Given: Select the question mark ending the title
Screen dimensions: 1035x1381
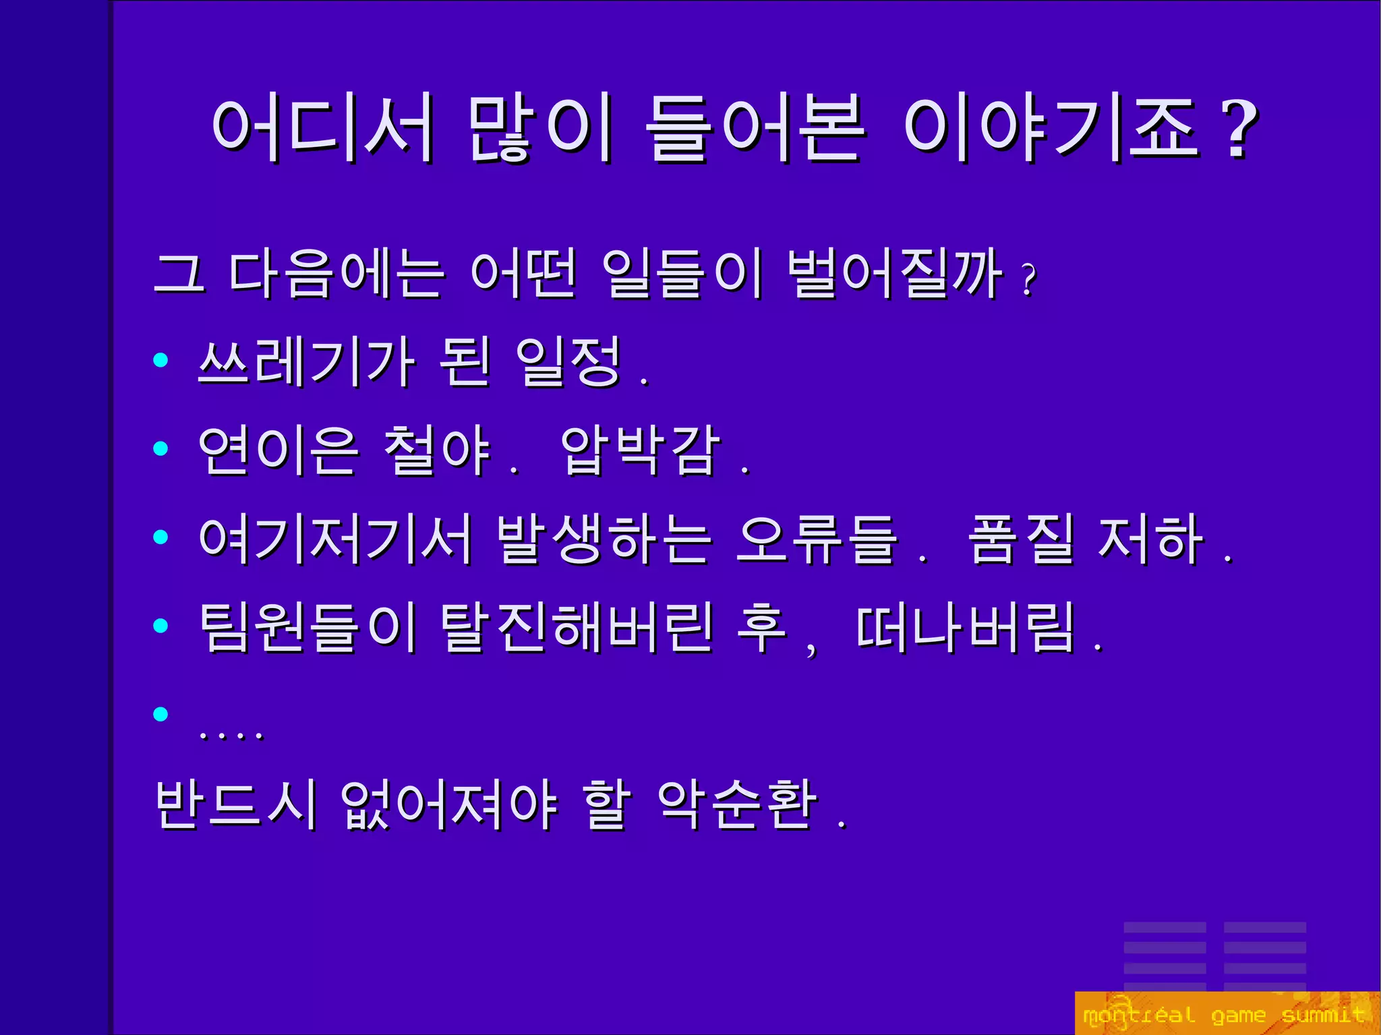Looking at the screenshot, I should pyautogui.click(x=1239, y=129).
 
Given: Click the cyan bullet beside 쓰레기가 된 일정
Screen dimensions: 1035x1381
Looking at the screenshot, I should pyautogui.click(x=160, y=360).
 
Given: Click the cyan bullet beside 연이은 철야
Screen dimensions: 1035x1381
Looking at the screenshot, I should pyautogui.click(x=160, y=448).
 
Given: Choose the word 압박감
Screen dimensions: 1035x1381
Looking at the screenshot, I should pyautogui.click(x=640, y=450).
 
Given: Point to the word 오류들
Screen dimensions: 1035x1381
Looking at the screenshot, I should pyautogui.click(x=817, y=539).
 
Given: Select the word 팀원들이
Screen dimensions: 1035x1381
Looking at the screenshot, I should pyautogui.click(x=307, y=627).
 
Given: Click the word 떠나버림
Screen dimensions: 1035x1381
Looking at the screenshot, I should pyautogui.click(x=964, y=627).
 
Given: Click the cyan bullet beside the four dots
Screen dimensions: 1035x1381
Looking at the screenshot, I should pyautogui.click(x=160, y=713).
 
